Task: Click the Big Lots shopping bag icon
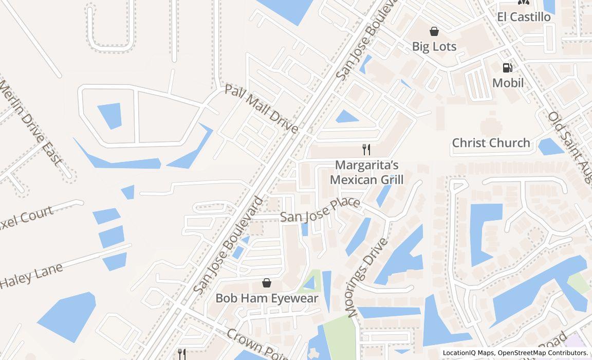click(x=434, y=31)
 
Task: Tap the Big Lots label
click(x=434, y=47)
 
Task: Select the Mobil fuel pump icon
click(x=507, y=68)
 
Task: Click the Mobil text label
click(x=508, y=83)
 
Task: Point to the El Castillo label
click(x=524, y=17)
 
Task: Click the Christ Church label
click(x=491, y=143)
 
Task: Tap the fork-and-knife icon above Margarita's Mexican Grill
click(x=366, y=150)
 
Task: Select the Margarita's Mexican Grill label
click(x=366, y=172)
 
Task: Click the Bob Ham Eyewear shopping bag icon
click(x=267, y=283)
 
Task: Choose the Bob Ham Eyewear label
click(x=267, y=298)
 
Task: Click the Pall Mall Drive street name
click(x=261, y=109)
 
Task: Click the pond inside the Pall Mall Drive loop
click(x=110, y=115)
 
